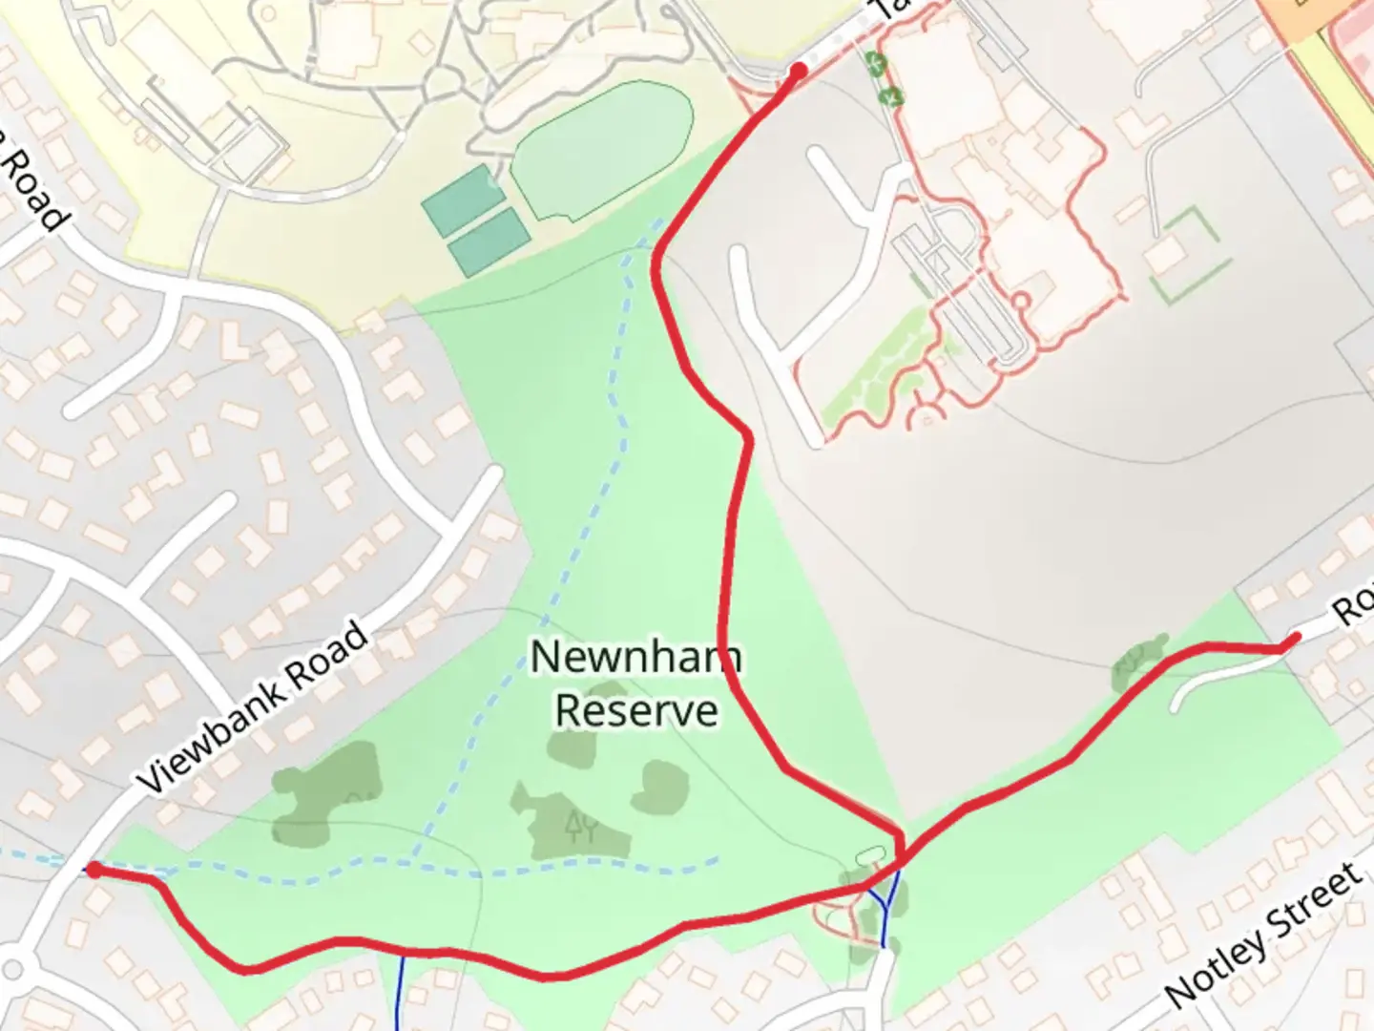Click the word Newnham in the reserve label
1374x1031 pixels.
pyautogui.click(x=635, y=657)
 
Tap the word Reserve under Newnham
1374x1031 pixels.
pyautogui.click(x=636, y=711)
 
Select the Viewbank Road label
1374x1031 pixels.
pyautogui.click(x=253, y=705)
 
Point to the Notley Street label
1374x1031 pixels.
pyautogui.click(x=1264, y=936)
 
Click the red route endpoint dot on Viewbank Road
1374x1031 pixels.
pyautogui.click(x=94, y=870)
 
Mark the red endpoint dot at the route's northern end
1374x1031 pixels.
pyautogui.click(x=799, y=70)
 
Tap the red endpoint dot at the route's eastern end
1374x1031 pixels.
pyautogui.click(x=1295, y=638)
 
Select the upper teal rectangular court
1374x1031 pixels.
pyautogui.click(x=462, y=200)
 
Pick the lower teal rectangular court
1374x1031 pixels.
pyautogui.click(x=489, y=242)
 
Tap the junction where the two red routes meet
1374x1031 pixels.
pyautogui.click(x=900, y=864)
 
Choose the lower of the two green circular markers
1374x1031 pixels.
pyautogui.click(x=891, y=95)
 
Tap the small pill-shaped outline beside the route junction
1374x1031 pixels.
pyautogui.click(x=871, y=854)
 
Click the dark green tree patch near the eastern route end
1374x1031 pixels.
pyautogui.click(x=1139, y=661)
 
